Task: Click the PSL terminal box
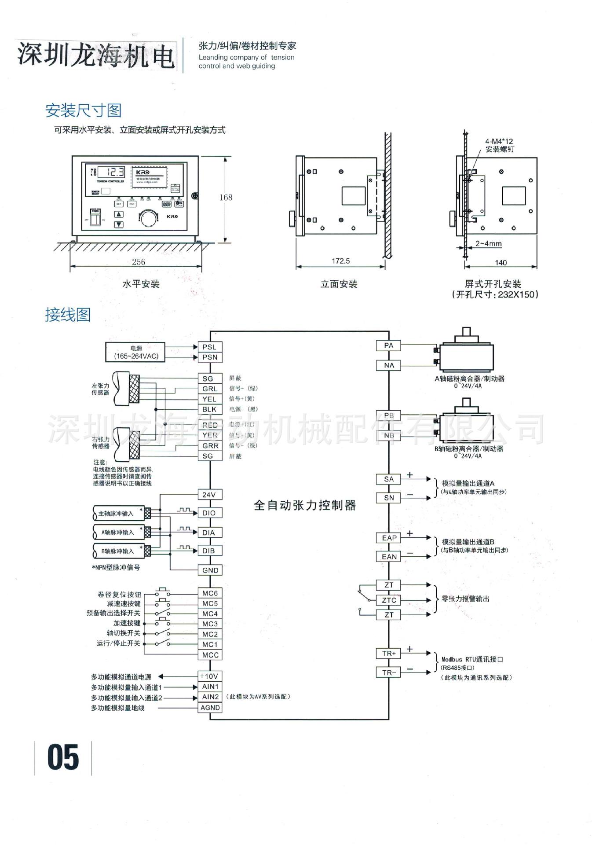pyautogui.click(x=209, y=347)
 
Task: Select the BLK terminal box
pyautogui.click(x=209, y=409)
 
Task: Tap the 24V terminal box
pyautogui.click(x=209, y=495)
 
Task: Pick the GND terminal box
pyautogui.click(x=210, y=570)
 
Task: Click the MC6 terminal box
pyautogui.click(x=210, y=593)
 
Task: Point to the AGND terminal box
pyautogui.click(x=210, y=708)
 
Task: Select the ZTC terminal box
pyautogui.click(x=389, y=600)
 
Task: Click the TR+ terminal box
pyautogui.click(x=389, y=654)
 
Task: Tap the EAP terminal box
pyautogui.click(x=389, y=538)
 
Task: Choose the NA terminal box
pyautogui.click(x=389, y=365)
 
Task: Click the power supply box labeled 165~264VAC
pyautogui.click(x=135, y=352)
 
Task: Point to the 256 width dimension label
pyautogui.click(x=139, y=262)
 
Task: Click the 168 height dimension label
pyautogui.click(x=226, y=198)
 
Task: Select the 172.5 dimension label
pyautogui.click(x=340, y=261)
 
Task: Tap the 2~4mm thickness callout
pyautogui.click(x=488, y=243)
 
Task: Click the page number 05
pyautogui.click(x=63, y=757)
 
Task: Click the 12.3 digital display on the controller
pyautogui.click(x=111, y=172)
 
